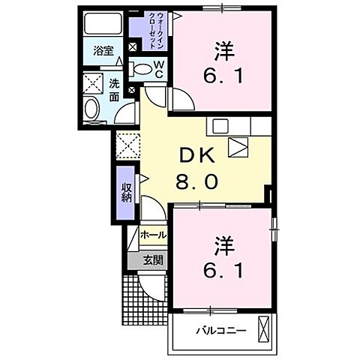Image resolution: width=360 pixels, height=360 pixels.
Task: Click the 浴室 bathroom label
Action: click(x=103, y=51)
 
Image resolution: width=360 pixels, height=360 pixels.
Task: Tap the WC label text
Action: click(x=160, y=70)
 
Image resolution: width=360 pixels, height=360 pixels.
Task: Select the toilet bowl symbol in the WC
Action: click(x=141, y=69)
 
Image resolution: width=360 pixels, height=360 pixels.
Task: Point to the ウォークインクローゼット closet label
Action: click(x=147, y=31)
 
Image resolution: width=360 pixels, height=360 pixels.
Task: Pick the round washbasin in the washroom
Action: click(x=92, y=110)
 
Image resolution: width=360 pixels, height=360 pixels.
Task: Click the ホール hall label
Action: click(x=154, y=235)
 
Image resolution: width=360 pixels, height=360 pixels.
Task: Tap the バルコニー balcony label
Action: click(x=221, y=330)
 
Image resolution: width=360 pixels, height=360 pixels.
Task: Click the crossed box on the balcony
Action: click(x=264, y=329)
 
